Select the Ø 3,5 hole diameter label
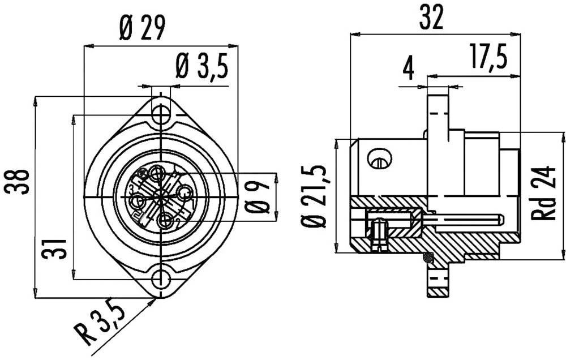click(201, 67)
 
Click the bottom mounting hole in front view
click(161, 278)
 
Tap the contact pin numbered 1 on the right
click(184, 194)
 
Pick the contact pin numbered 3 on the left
click(138, 202)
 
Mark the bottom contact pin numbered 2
click(166, 220)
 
